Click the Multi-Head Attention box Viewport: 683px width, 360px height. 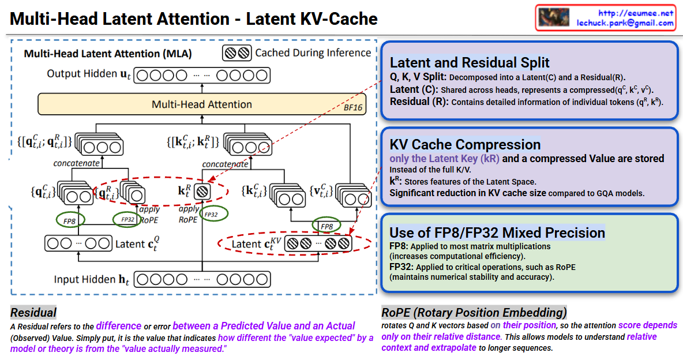(202, 104)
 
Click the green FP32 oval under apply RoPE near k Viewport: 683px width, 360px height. (211, 214)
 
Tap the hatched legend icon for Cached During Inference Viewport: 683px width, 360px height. (237, 53)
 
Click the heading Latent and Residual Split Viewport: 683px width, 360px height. (470, 62)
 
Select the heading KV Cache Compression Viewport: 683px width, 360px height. (465, 144)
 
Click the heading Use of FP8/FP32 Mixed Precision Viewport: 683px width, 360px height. (497, 232)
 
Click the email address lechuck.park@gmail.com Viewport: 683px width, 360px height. (625, 23)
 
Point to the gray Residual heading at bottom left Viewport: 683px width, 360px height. (33, 313)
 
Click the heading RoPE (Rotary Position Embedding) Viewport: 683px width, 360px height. (474, 313)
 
